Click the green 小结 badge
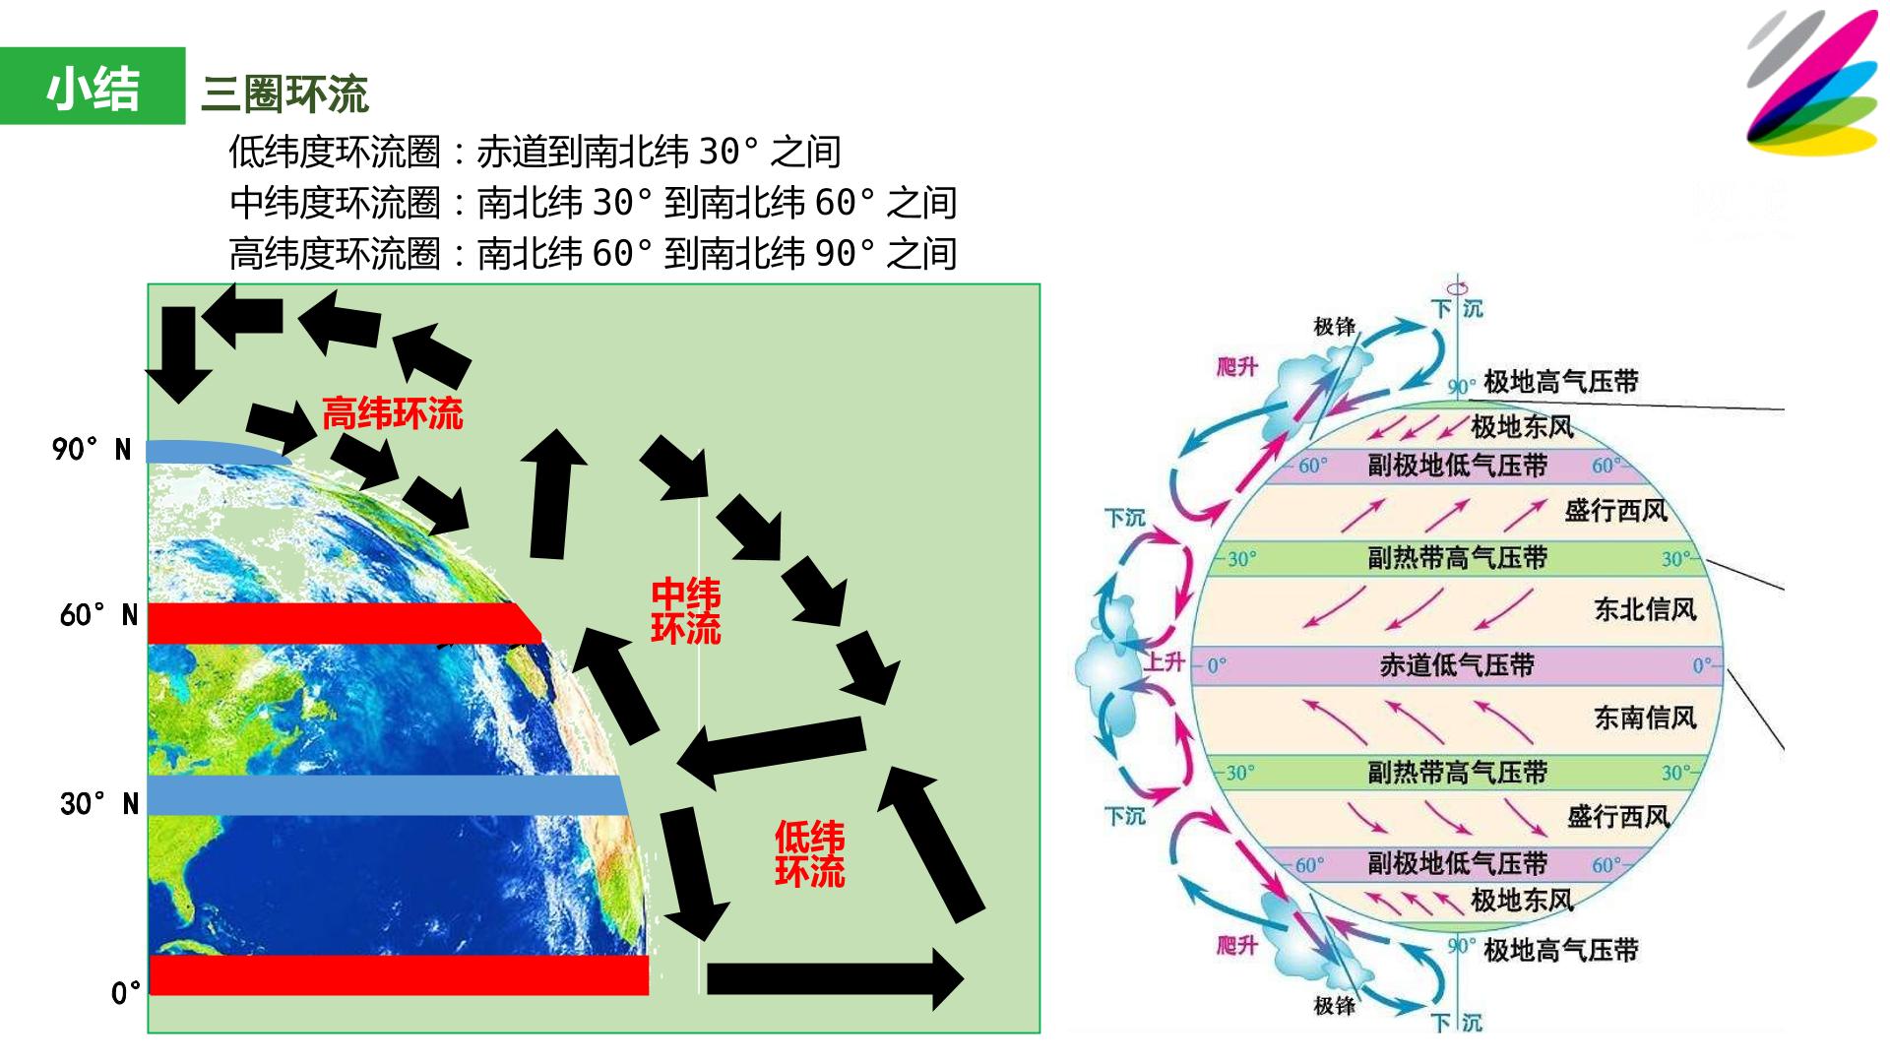[93, 86]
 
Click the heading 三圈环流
[284, 94]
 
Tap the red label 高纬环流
[393, 413]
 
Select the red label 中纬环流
[686, 611]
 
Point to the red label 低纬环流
[810, 854]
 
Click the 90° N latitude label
[92, 450]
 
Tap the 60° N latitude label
[98, 615]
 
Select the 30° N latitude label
[98, 804]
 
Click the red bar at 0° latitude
[399, 974]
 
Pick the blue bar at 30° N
[387, 795]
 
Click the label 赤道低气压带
[1457, 665]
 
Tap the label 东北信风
[1646, 610]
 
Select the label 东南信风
[1646, 718]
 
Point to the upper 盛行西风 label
[1616, 510]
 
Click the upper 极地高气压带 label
[1561, 381]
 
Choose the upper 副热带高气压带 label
[1457, 558]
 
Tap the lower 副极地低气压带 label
[1457, 863]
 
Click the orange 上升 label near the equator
[1165, 661]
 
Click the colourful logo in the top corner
[1813, 83]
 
